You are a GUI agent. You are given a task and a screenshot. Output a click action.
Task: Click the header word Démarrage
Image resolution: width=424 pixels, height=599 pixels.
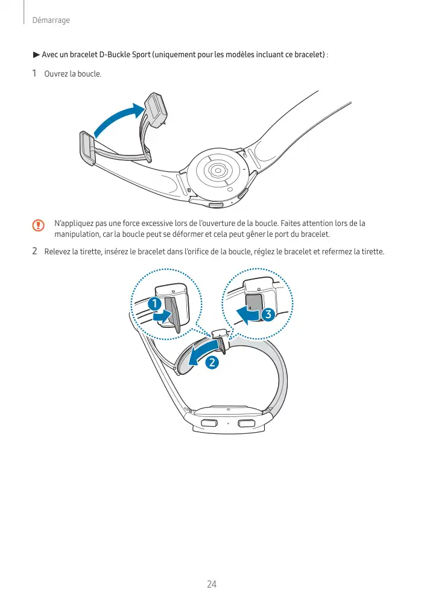[x=51, y=20]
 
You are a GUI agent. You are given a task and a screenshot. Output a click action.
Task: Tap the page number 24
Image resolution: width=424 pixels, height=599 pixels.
[x=212, y=584]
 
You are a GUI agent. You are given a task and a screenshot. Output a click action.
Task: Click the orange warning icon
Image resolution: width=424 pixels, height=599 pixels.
[x=38, y=225]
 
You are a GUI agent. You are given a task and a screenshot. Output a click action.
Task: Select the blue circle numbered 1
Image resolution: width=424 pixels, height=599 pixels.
[x=154, y=304]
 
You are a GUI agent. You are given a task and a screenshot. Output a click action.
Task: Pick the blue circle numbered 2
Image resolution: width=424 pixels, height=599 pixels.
[x=212, y=362]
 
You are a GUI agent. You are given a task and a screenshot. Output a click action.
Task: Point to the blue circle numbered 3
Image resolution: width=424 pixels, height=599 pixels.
[x=268, y=315]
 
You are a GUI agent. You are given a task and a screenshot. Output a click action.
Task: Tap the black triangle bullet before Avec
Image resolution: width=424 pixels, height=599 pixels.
[x=36, y=55]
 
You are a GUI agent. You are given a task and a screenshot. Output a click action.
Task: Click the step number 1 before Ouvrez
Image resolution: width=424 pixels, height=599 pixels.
[x=34, y=73]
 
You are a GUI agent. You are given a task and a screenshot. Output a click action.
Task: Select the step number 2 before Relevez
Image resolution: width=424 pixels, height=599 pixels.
[x=34, y=251]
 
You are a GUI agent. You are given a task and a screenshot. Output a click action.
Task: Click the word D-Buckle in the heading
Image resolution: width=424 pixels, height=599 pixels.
[x=115, y=55]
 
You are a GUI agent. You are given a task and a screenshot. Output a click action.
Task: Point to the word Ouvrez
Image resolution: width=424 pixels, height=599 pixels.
[x=56, y=74]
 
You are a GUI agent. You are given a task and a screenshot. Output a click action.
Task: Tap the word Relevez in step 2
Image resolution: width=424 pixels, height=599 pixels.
[x=57, y=252]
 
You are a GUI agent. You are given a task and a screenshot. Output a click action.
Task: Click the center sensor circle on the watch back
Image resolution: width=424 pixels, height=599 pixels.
[x=218, y=171]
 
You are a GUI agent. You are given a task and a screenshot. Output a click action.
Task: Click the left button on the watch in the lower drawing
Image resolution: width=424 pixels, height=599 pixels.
[x=209, y=423]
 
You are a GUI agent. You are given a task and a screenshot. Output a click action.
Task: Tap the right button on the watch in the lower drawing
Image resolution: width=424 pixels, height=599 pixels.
[x=246, y=423]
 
